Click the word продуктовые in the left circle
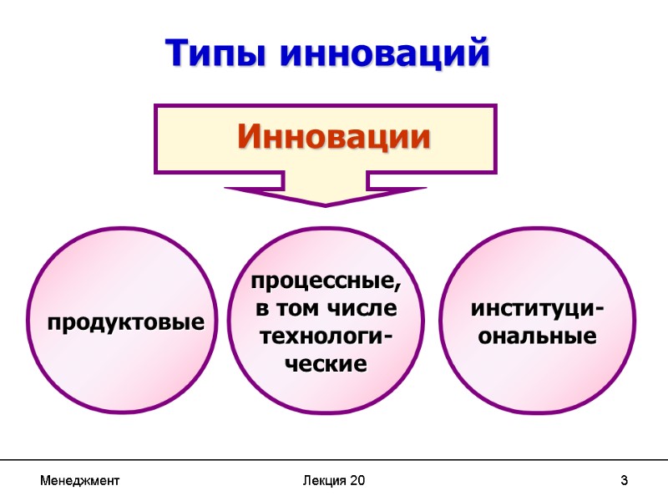click(x=125, y=321)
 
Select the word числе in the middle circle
click(x=365, y=309)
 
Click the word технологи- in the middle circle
click(x=326, y=337)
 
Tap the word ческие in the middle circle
click(x=326, y=364)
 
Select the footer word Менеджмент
click(x=79, y=481)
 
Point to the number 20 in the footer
click(x=357, y=481)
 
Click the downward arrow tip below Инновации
click(x=326, y=204)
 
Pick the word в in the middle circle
click(x=262, y=309)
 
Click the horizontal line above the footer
click(x=334, y=460)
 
